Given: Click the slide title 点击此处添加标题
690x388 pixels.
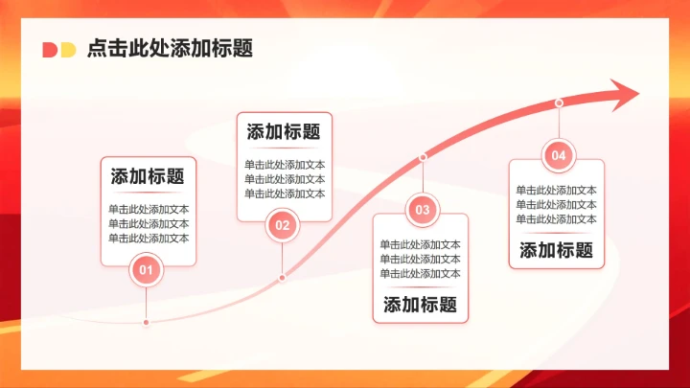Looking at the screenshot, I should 170,49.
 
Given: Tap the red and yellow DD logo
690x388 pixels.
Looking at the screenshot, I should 58,50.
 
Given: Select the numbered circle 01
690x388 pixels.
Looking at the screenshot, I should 147,271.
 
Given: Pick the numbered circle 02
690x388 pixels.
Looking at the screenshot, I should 282,226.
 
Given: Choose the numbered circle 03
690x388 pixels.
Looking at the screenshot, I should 423,209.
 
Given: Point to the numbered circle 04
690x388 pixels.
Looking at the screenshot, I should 559,155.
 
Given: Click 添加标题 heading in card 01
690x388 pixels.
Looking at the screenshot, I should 148,176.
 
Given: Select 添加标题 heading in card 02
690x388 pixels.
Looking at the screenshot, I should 284,132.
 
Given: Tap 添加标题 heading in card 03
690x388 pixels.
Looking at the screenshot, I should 420,306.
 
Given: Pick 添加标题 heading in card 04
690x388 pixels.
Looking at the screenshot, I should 557,251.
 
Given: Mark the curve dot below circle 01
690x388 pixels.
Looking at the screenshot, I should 146,323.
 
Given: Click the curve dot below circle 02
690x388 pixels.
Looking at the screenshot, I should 282,278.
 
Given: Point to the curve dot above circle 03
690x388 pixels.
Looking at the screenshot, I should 423,156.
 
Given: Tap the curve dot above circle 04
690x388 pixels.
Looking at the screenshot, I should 559,103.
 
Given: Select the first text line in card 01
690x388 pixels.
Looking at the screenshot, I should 149,209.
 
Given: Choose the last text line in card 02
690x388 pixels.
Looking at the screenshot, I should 285,194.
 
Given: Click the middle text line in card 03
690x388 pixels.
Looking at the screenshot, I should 420,259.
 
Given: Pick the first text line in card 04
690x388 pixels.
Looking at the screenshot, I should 557,190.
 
